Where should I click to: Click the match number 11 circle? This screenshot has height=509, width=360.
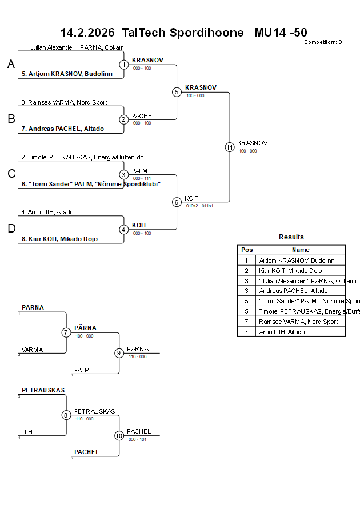(x=230, y=147)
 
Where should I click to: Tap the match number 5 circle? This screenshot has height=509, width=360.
(x=177, y=91)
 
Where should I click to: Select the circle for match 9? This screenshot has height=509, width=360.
(x=119, y=353)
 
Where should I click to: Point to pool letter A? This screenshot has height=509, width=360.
(x=11, y=65)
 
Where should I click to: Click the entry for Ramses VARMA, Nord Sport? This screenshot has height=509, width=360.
(x=67, y=102)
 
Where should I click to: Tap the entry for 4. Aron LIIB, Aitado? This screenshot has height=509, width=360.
(x=47, y=212)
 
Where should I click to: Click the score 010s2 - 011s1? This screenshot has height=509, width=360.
(x=199, y=206)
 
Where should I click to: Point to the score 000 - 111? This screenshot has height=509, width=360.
(x=142, y=178)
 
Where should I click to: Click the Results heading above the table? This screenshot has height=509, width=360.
(x=291, y=237)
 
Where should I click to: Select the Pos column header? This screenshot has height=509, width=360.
(x=247, y=250)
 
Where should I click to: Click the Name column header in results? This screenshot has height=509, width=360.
(x=301, y=250)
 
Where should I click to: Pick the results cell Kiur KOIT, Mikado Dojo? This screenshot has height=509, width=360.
(x=290, y=271)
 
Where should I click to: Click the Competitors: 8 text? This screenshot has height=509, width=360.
(x=323, y=42)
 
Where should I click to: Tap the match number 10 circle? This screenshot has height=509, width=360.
(x=119, y=435)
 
